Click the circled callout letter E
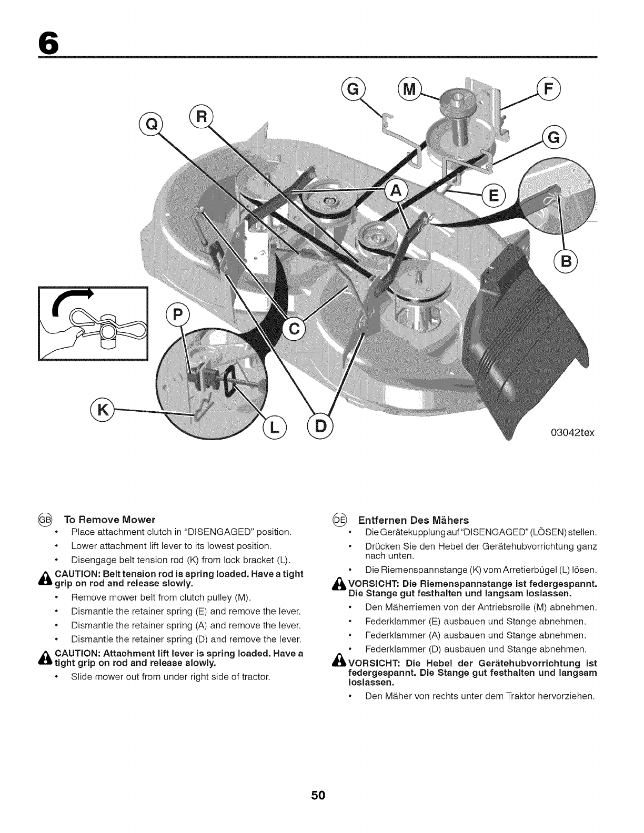pyautogui.click(x=492, y=196)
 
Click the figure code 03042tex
pyautogui.click(x=565, y=433)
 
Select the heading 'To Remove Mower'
pyautogui.click(x=109, y=520)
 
